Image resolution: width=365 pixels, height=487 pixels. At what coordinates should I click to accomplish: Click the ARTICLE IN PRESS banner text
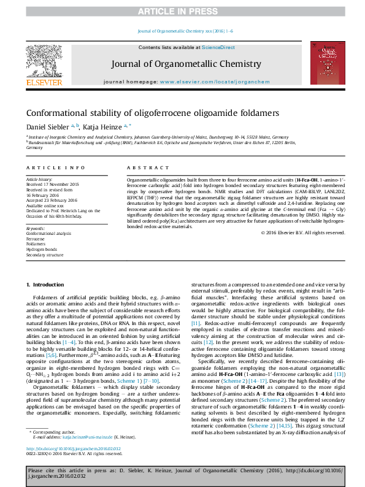tap(182, 12)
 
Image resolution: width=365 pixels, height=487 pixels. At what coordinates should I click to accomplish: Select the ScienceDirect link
tap(219, 47)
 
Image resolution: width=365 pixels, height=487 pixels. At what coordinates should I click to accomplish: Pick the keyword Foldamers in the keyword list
tap(37, 243)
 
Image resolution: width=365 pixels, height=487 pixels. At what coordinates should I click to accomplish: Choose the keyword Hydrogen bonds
tap(41, 249)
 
